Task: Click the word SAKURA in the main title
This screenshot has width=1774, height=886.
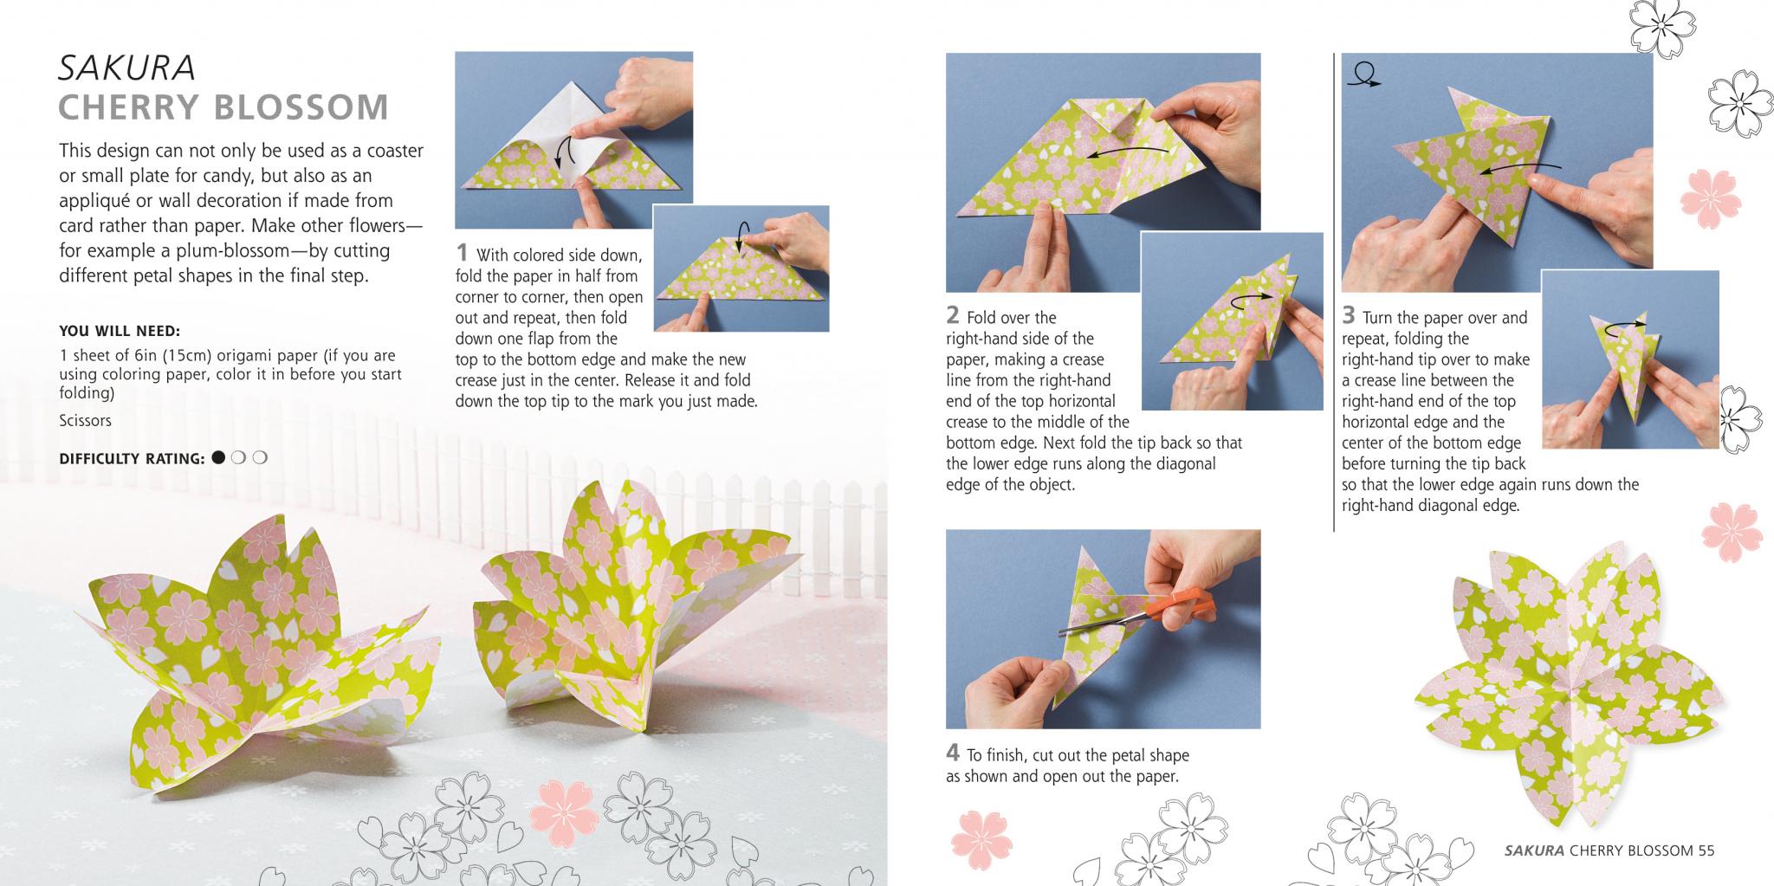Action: (x=126, y=68)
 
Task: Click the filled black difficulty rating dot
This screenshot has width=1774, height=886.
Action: (x=218, y=457)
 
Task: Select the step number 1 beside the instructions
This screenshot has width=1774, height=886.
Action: (x=462, y=253)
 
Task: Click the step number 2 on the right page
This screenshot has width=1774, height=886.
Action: (x=952, y=315)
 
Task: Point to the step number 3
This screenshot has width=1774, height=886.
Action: (x=1348, y=315)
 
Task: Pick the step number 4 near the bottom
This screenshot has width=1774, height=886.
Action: (x=952, y=753)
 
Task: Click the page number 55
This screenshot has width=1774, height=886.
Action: (x=1706, y=850)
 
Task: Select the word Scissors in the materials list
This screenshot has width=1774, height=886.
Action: (x=85, y=421)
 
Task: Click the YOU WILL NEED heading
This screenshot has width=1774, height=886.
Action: (x=120, y=331)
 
